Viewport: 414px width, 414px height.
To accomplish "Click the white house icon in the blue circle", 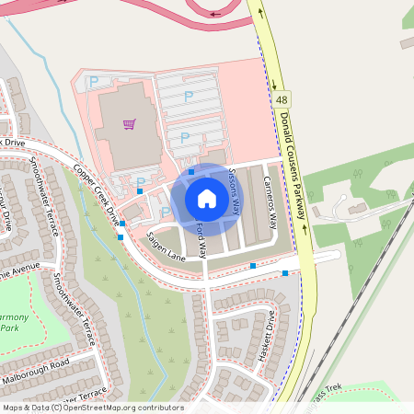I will click(207, 199).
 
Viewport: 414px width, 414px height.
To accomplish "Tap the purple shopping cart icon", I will click(130, 123).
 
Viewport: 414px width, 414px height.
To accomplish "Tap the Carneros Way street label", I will click(270, 201).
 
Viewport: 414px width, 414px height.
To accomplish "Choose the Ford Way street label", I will click(199, 235).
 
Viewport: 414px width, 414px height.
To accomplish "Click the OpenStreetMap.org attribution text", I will click(120, 407).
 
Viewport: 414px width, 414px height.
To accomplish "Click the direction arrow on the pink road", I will click(214, 14).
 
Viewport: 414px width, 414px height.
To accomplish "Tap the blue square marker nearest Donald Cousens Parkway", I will click(285, 273).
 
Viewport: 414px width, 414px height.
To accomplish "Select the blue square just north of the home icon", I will click(191, 172).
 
